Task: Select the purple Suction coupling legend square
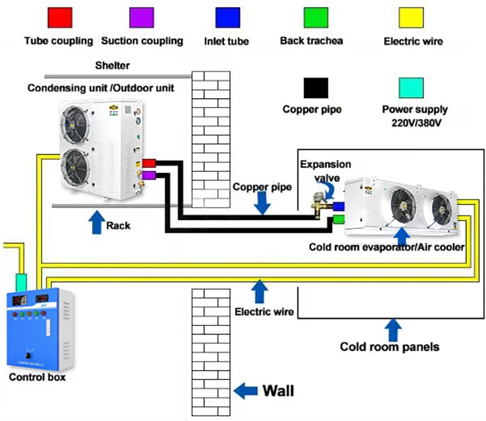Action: (x=142, y=17)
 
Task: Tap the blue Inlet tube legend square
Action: (x=227, y=17)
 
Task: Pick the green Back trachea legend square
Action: (x=316, y=17)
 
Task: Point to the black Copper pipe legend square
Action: (x=316, y=87)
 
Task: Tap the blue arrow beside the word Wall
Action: (x=245, y=390)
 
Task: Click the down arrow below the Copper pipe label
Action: (x=262, y=203)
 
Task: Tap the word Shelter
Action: (x=112, y=65)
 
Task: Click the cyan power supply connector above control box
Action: (x=20, y=281)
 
